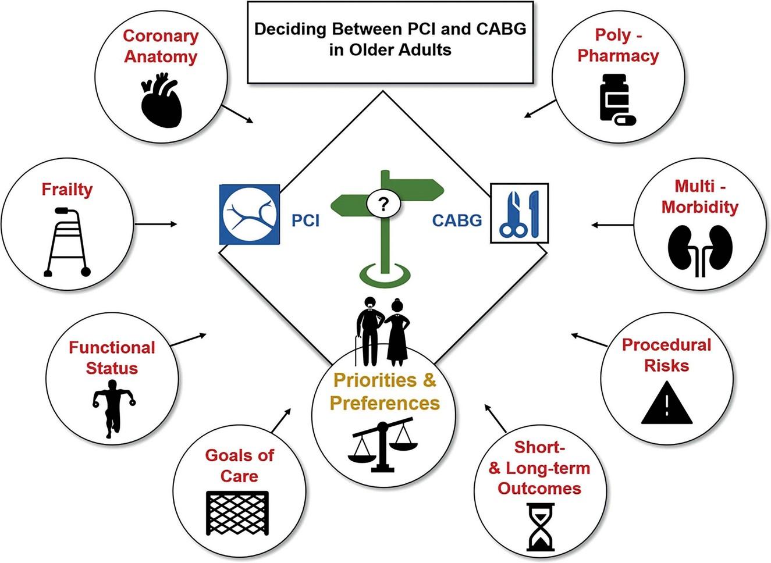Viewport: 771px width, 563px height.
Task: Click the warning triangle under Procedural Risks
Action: tap(667, 402)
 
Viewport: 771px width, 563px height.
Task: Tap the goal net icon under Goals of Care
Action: tap(238, 512)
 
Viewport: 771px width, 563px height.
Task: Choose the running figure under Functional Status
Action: tap(112, 408)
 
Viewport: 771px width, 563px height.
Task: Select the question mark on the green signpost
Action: tap(383, 204)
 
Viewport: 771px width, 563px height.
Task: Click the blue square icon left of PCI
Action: tap(249, 214)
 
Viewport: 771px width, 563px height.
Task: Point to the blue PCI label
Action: tap(305, 220)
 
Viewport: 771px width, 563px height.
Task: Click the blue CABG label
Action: tap(457, 220)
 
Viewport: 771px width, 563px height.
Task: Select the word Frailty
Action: tap(67, 190)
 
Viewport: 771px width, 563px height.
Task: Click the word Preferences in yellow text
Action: tap(385, 403)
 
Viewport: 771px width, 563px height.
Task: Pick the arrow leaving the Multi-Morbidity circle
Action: tap(612, 225)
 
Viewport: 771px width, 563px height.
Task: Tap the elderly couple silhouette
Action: tap(383, 332)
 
